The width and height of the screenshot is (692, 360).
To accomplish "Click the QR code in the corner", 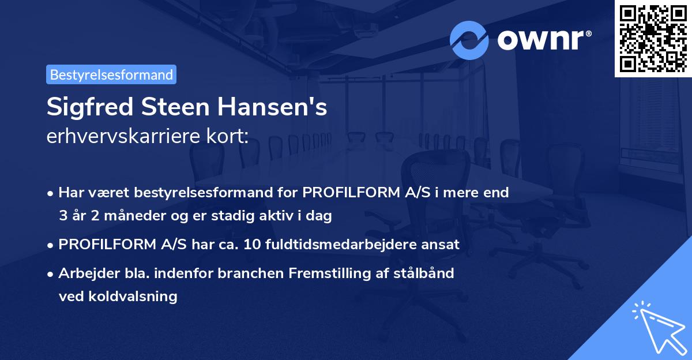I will click(x=653, y=38).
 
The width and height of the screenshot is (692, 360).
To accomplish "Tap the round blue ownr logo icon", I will click(x=469, y=40).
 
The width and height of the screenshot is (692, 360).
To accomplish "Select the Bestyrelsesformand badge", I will click(x=111, y=74).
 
